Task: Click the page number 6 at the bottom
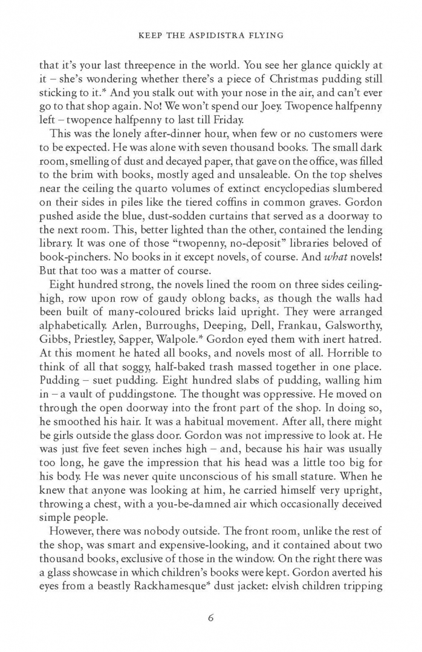click(211, 617)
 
